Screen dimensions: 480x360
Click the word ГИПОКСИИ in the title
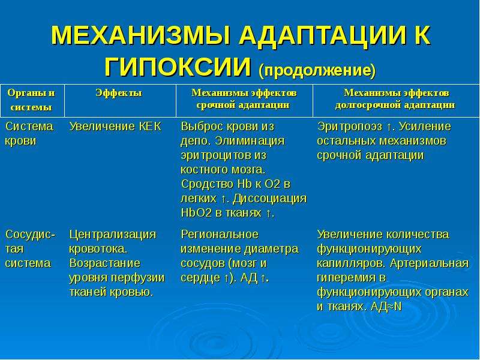pos(178,67)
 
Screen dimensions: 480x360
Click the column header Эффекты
pos(119,93)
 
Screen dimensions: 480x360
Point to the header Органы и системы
pos(31,100)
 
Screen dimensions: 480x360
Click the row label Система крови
pos(29,134)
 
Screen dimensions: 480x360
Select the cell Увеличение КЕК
pos(115,127)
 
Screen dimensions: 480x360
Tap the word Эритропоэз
pos(350,127)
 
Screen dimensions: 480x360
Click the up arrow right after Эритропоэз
pos(389,127)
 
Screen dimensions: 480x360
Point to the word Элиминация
pos(250,141)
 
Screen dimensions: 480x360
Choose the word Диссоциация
pos(269,199)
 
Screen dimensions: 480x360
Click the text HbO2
pos(196,213)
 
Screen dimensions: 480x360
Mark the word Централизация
pos(113,235)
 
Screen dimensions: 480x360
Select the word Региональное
pos(220,235)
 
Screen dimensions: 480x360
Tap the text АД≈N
pos(386,307)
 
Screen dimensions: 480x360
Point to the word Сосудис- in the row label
pos(31,235)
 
